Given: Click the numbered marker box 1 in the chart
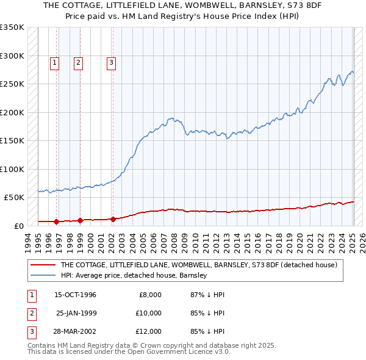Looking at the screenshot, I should point(54,62).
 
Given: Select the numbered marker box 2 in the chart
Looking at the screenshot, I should point(79,62).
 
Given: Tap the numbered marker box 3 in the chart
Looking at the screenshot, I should point(112,62).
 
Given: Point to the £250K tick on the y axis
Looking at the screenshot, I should point(12,84).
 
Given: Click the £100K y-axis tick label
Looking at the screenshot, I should point(12,169).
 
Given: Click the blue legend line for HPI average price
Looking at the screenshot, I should point(43,276).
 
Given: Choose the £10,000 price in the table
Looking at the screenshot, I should point(148,313).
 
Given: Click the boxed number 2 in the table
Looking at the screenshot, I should point(30,313).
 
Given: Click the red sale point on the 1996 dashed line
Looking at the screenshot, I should point(56,221).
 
